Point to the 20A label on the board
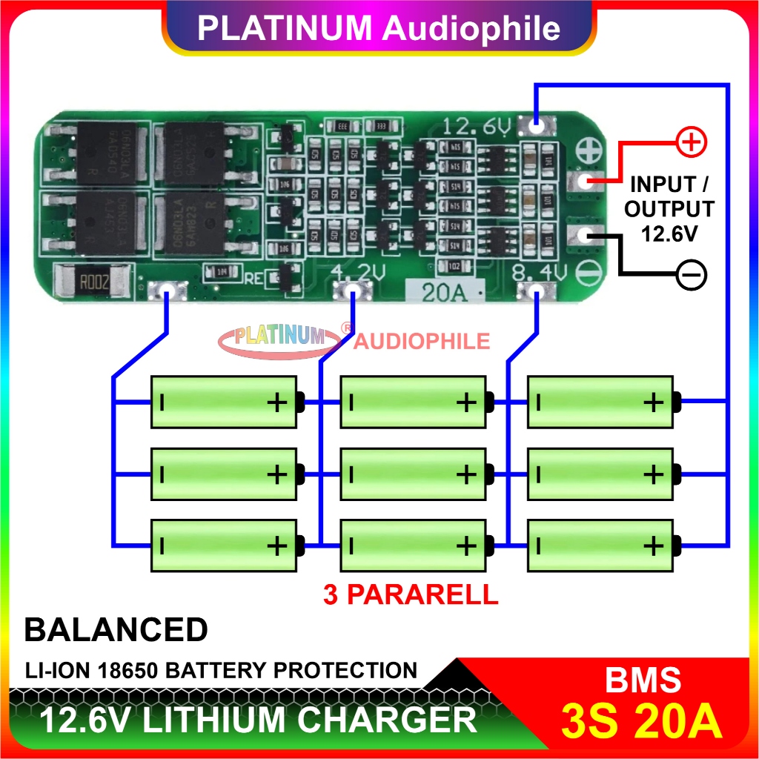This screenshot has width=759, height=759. click(443, 293)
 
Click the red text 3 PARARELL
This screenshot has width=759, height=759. click(411, 594)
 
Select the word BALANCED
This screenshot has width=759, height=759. click(116, 630)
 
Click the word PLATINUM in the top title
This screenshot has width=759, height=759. click(285, 28)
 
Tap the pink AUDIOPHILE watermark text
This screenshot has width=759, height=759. click(422, 340)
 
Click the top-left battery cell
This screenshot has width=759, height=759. click(225, 402)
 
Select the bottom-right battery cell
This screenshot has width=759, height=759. click(601, 546)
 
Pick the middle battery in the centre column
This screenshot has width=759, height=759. click(413, 474)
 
